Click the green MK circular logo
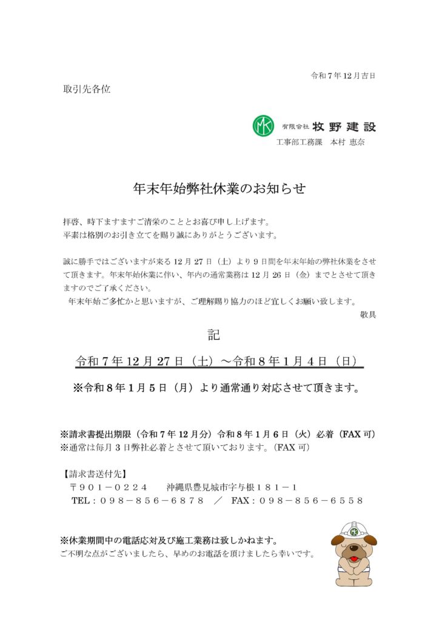(263, 126)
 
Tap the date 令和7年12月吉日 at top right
(343, 76)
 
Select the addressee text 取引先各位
(87, 89)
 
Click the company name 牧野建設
(344, 127)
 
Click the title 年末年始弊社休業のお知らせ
(219, 189)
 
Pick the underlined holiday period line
(219, 361)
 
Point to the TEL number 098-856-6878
(152, 501)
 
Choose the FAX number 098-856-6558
(311, 501)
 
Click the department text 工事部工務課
(299, 143)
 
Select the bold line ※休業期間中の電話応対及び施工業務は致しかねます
(169, 540)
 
